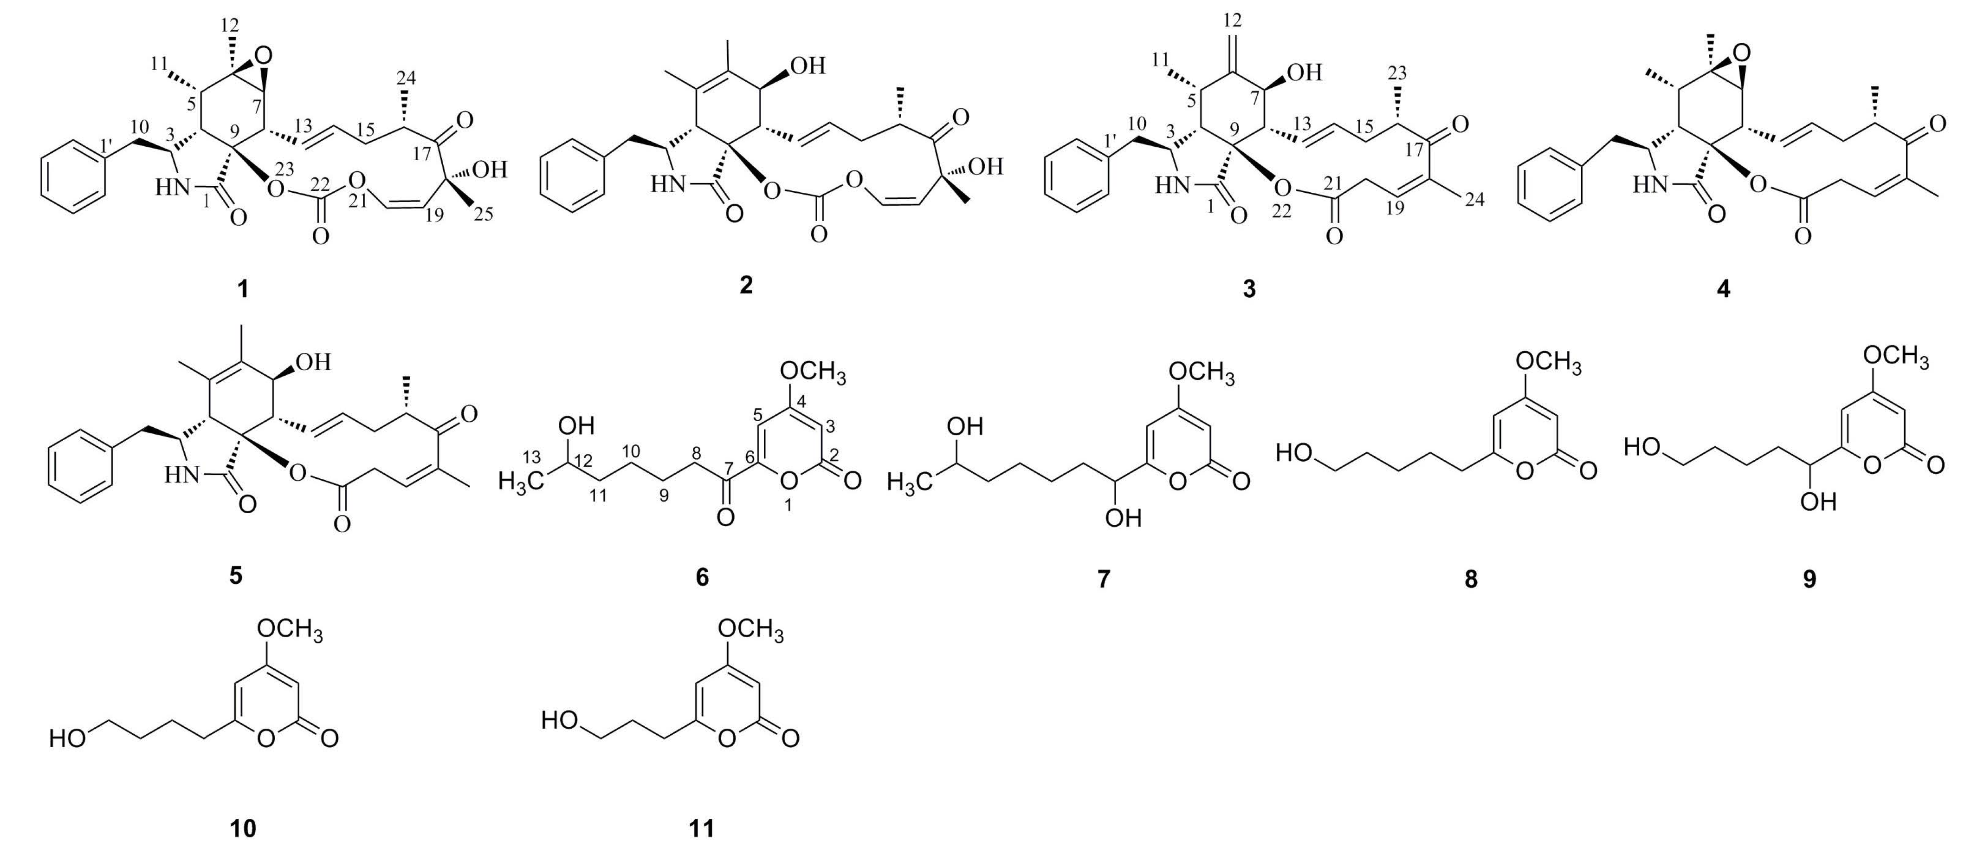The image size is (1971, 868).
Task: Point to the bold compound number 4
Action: pyautogui.click(x=1724, y=288)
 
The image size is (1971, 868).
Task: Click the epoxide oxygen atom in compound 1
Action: pyautogui.click(x=264, y=55)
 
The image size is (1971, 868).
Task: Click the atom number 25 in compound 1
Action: pyautogui.click(x=482, y=214)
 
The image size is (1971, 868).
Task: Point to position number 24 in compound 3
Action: pyautogui.click(x=1473, y=199)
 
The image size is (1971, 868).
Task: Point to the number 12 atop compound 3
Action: pyautogui.click(x=1232, y=19)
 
